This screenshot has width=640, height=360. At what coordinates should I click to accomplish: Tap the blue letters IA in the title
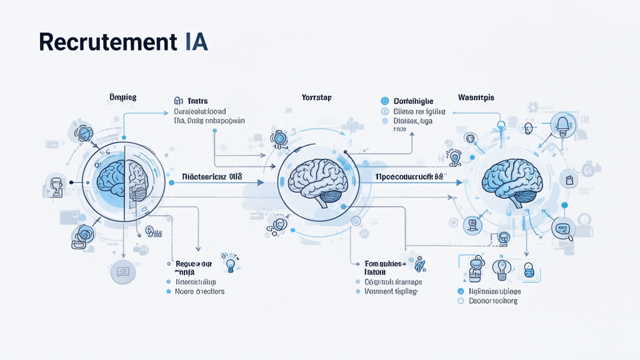[196, 41]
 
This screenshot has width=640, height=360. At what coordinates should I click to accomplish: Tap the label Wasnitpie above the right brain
[476, 98]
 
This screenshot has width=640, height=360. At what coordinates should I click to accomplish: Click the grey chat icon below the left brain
[123, 271]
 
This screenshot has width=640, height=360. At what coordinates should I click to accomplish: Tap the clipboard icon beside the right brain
[569, 181]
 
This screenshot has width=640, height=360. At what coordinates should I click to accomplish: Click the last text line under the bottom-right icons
[493, 301]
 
